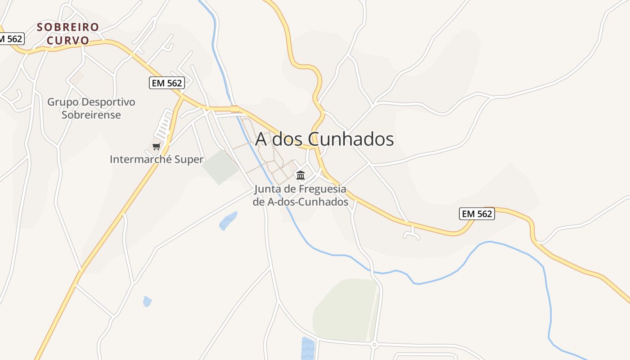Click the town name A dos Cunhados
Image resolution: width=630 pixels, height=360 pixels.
324,139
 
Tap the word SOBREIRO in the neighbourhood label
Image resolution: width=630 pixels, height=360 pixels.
67,27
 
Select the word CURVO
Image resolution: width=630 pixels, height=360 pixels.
68,40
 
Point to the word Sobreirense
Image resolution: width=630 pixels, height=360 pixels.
91,115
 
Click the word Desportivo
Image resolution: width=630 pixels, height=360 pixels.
108,102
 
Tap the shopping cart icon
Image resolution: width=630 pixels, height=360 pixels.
156,146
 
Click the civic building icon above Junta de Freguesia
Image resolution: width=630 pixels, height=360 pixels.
301,175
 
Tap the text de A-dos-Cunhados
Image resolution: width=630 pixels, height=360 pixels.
301,202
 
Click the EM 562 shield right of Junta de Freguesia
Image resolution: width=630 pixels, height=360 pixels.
477,214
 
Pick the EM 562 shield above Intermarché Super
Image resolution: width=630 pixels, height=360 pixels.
166,83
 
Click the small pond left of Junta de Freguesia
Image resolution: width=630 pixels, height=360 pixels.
228,220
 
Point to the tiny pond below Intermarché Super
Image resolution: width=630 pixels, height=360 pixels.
147,301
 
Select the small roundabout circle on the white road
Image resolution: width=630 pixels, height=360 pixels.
374,345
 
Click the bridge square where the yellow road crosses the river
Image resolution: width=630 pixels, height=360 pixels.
234,108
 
